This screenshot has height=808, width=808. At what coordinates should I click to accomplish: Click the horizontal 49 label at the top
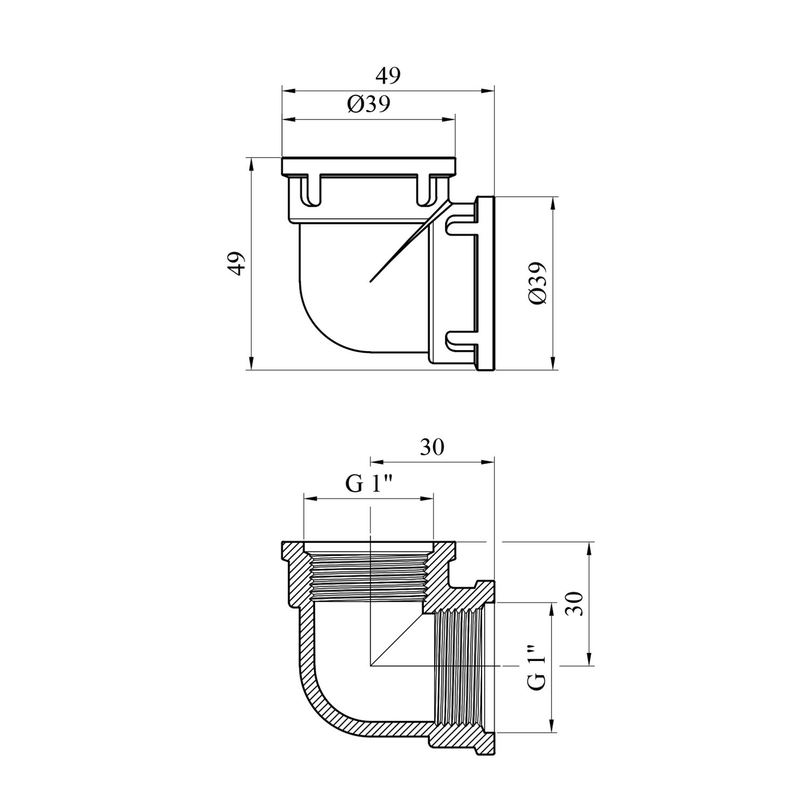click(388, 76)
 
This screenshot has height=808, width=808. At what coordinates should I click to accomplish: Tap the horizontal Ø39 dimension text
click(368, 105)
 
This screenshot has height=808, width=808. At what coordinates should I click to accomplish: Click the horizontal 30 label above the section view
click(432, 448)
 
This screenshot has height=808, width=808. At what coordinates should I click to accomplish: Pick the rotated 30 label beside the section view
click(574, 603)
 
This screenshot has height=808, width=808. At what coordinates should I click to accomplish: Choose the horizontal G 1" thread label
click(368, 485)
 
